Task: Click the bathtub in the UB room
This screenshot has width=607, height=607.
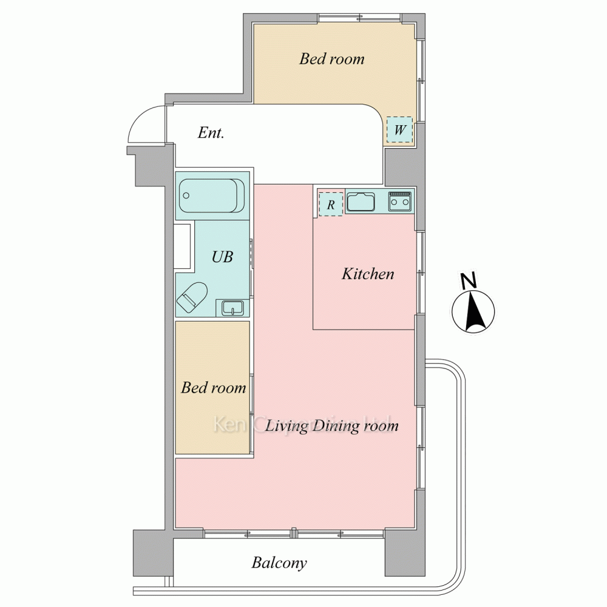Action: coord(212,195)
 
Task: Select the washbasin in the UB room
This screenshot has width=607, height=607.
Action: coord(232,308)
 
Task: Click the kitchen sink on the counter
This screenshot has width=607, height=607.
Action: coord(361,202)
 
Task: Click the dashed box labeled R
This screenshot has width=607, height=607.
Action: coord(331,204)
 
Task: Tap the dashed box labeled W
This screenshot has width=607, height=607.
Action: coord(399,130)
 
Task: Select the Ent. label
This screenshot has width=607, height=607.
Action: coord(211,133)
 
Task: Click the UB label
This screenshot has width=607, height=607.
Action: coord(222,257)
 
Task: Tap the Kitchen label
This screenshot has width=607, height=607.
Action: coord(368,274)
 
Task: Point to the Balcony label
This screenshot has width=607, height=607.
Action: coord(279,563)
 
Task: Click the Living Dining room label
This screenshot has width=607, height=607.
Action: coord(332,426)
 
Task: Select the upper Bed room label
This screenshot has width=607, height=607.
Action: coord(332,59)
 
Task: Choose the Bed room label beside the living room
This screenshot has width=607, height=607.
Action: coord(213,387)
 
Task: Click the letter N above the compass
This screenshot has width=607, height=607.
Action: coord(469,280)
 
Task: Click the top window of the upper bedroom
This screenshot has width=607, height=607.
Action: coord(359,18)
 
